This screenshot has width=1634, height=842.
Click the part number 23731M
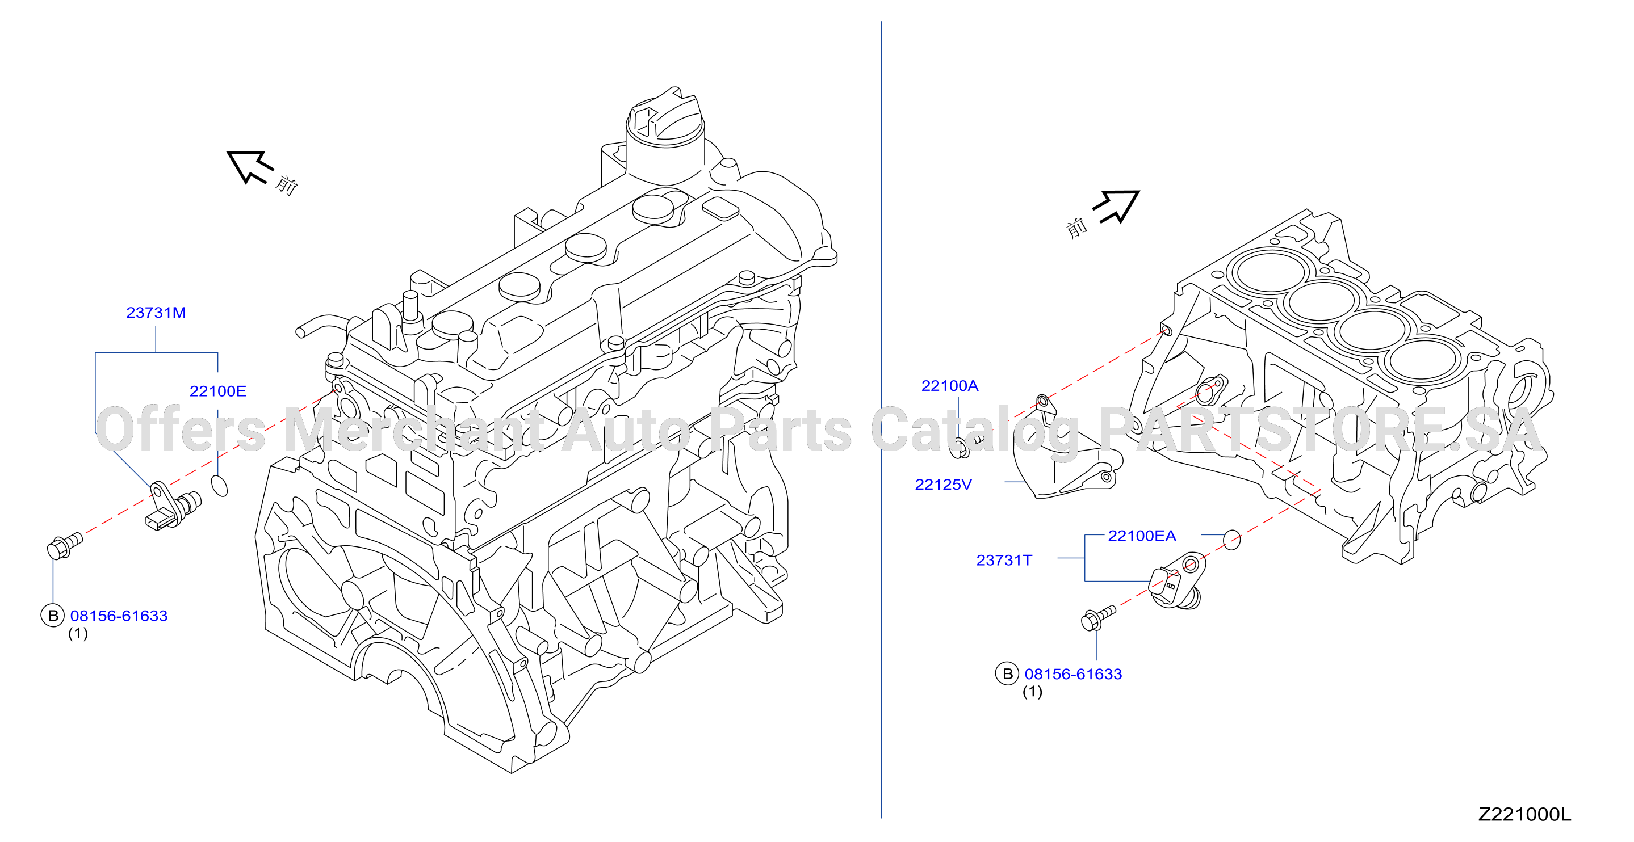156,313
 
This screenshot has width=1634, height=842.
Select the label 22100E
217,391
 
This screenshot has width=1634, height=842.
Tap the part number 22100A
950,385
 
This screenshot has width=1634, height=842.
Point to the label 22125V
943,485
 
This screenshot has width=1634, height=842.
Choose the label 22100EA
1142,536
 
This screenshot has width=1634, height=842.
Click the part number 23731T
1004,560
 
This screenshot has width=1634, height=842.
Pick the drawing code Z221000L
1524,815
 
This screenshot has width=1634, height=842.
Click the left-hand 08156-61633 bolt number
119,616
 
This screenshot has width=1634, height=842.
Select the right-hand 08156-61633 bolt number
1073,674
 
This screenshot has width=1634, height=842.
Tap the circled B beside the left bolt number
53,616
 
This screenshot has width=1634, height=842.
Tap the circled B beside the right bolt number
1007,674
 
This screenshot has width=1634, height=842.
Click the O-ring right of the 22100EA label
1231,540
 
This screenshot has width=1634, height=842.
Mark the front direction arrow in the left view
250,167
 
